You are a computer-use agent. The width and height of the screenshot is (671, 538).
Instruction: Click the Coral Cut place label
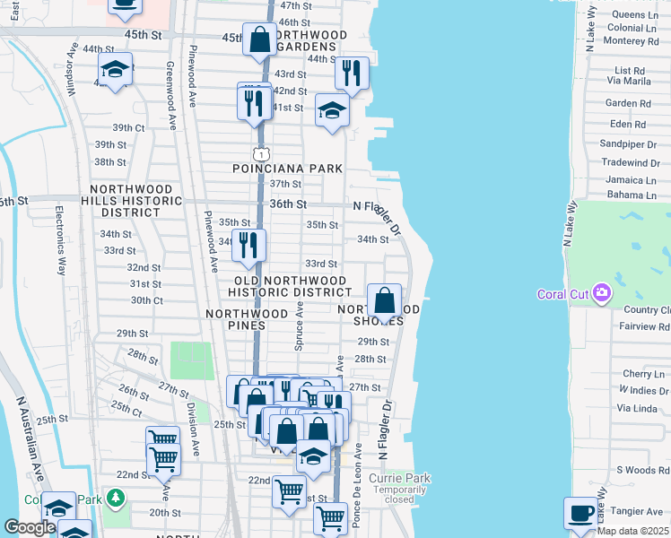point(562,294)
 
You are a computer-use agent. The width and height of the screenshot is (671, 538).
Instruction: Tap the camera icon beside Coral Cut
point(601,293)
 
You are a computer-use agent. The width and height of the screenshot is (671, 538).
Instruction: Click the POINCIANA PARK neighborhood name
point(287,169)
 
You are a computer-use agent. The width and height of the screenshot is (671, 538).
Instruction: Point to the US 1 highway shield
point(259,154)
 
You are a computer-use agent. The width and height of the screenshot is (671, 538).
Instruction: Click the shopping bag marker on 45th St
point(259,40)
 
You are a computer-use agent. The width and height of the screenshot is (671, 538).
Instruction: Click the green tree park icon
point(114,497)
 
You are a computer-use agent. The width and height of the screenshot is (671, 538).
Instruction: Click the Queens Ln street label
point(632,15)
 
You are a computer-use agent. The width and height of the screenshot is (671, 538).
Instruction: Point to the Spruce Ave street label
point(300,326)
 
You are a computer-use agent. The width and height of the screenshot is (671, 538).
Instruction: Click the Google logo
point(30,527)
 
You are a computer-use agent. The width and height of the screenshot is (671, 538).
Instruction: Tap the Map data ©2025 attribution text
point(632,531)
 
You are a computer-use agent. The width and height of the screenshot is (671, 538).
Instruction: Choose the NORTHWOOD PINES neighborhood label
point(248,314)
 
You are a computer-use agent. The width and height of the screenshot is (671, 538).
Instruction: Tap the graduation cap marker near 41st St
point(331,112)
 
